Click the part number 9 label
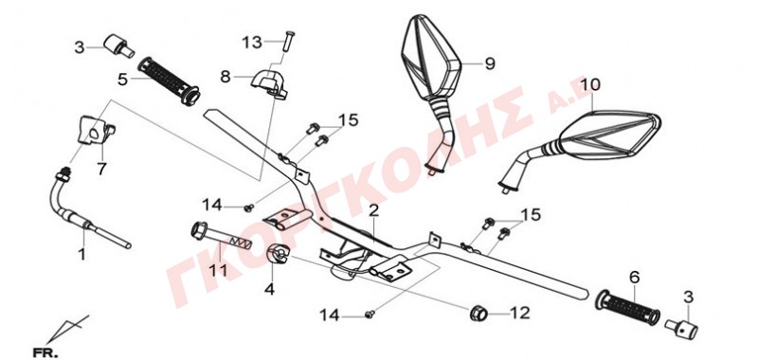point(490,63)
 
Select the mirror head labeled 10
point(608,135)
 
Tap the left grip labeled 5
point(168,80)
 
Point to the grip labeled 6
point(628,307)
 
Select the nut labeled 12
point(478,313)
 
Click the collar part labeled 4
point(278,254)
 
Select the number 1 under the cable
point(82,254)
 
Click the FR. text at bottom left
point(45,352)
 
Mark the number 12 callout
point(519,314)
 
